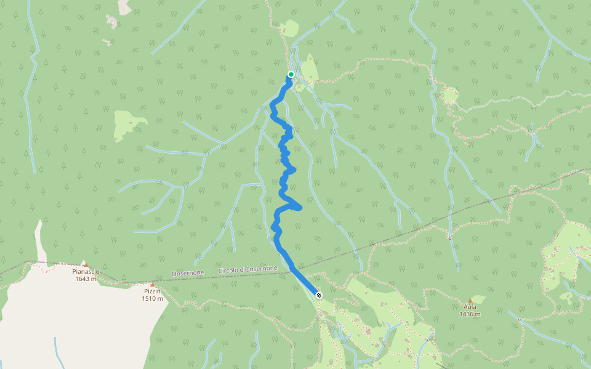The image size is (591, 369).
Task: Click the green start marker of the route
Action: click(291, 74)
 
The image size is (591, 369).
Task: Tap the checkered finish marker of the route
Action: click(318, 295)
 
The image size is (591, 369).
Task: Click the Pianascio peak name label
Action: click(86, 271)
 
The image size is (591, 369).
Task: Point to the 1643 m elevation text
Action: click(86, 279)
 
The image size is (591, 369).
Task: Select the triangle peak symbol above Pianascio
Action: click(86, 265)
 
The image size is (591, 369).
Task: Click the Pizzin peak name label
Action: click(152, 292)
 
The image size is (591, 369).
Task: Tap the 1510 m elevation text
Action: click(152, 299)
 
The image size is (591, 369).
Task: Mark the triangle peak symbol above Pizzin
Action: click(152, 285)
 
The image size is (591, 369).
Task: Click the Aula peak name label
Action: click(470, 307)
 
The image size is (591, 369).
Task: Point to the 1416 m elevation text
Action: click(470, 314)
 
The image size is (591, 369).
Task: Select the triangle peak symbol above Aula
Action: click(470, 301)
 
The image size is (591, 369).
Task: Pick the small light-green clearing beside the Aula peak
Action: click(478, 299)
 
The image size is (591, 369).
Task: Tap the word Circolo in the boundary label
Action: click(228, 271)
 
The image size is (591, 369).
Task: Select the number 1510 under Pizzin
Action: click(149, 299)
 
